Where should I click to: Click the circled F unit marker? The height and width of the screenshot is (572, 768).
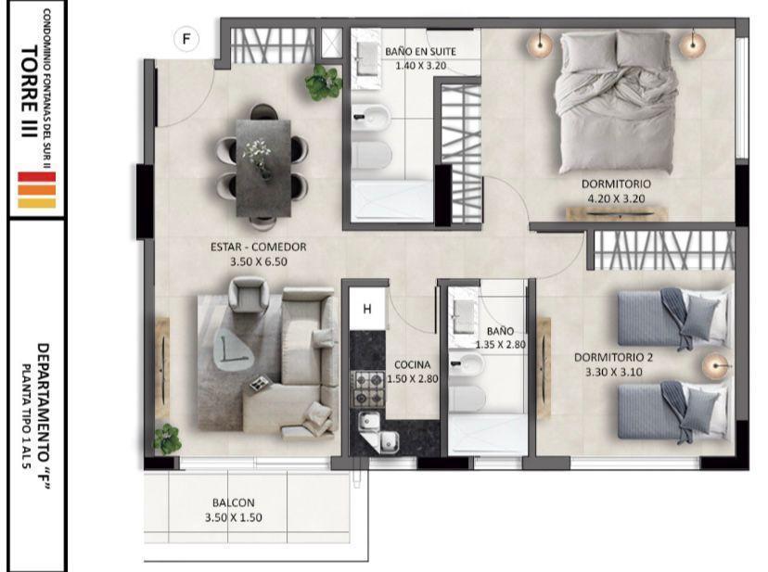point(186,39)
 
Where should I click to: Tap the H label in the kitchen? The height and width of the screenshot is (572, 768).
point(367,309)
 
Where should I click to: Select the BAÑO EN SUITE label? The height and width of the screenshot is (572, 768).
point(420,51)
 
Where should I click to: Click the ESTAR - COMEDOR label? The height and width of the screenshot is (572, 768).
point(259,247)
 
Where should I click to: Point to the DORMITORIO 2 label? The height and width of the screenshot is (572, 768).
point(613,358)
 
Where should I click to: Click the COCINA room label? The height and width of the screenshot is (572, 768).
point(413,365)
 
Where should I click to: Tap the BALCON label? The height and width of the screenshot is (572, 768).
point(234,503)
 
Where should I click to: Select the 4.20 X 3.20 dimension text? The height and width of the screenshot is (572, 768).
point(616,198)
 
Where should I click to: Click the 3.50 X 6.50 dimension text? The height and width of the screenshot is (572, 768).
point(259,262)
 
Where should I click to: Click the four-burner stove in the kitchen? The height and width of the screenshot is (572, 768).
point(369,389)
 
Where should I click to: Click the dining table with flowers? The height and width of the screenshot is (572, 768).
point(263,168)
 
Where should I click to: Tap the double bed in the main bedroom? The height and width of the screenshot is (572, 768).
point(616,102)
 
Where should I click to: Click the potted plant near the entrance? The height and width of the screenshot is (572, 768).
point(324,83)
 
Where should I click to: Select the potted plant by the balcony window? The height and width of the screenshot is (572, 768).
point(167,439)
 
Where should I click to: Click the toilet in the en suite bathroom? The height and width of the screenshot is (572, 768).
point(372,154)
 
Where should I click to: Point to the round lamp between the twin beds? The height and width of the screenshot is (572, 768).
point(715,366)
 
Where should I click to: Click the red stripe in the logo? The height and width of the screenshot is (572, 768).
point(37,177)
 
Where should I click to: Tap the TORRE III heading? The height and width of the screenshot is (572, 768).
point(30,92)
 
